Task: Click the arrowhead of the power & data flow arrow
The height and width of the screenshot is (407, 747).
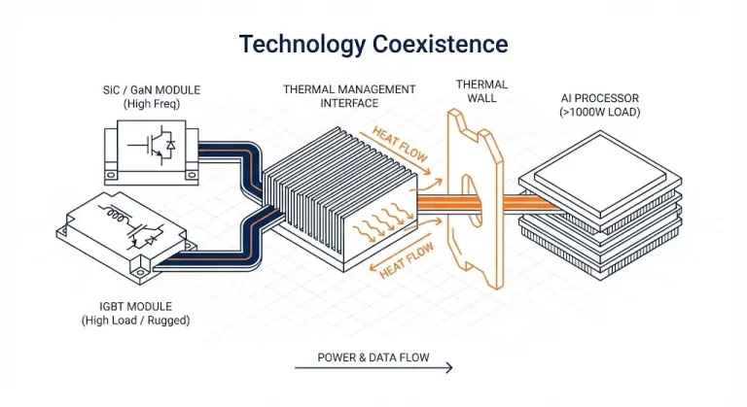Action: (449, 369)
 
